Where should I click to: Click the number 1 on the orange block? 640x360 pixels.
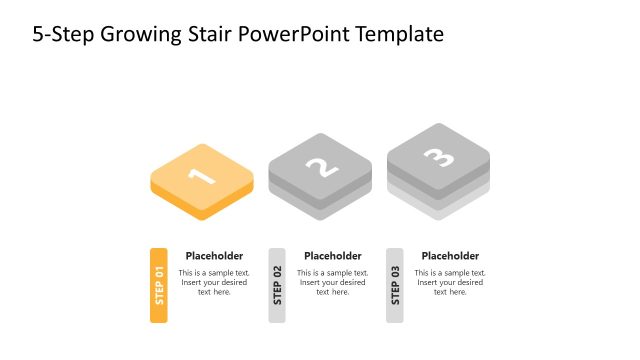(x=201, y=176)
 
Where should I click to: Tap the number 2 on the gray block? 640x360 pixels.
(x=320, y=166)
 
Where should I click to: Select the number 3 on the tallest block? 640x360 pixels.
(x=438, y=156)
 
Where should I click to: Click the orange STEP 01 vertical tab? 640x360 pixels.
(x=159, y=285)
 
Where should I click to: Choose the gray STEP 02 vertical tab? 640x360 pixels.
(x=277, y=285)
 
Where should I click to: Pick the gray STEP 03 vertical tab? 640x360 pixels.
(x=395, y=285)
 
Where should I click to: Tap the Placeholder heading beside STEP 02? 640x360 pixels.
(x=333, y=256)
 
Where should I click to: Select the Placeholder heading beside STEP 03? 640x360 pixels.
(x=450, y=256)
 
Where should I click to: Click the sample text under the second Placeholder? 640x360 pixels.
(x=333, y=282)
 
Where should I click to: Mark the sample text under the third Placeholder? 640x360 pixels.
(x=450, y=282)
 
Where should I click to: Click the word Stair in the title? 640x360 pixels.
(x=206, y=34)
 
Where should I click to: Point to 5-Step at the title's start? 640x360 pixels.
(x=63, y=35)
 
